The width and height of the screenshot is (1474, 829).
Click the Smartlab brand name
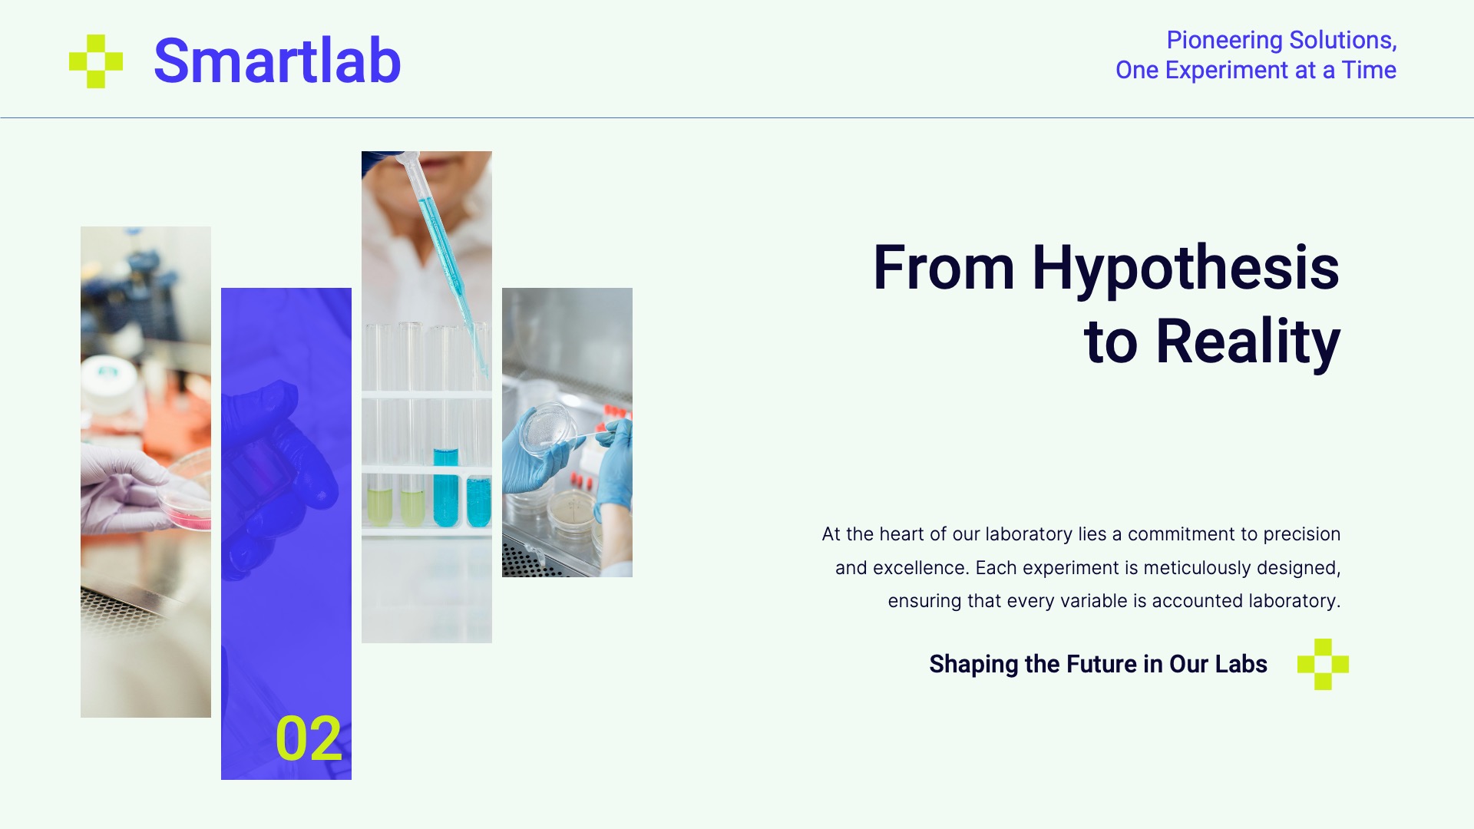click(277, 61)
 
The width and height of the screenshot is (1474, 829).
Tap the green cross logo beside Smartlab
click(96, 61)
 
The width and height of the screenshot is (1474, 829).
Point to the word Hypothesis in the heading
click(1185, 269)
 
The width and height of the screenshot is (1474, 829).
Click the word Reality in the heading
click(1248, 342)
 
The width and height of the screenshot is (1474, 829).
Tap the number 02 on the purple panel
click(309, 738)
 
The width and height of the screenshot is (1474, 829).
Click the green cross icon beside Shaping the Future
click(1323, 664)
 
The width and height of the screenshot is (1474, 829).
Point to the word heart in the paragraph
click(902, 534)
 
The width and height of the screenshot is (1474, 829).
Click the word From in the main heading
click(944, 269)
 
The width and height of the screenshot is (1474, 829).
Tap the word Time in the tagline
click(1369, 70)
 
